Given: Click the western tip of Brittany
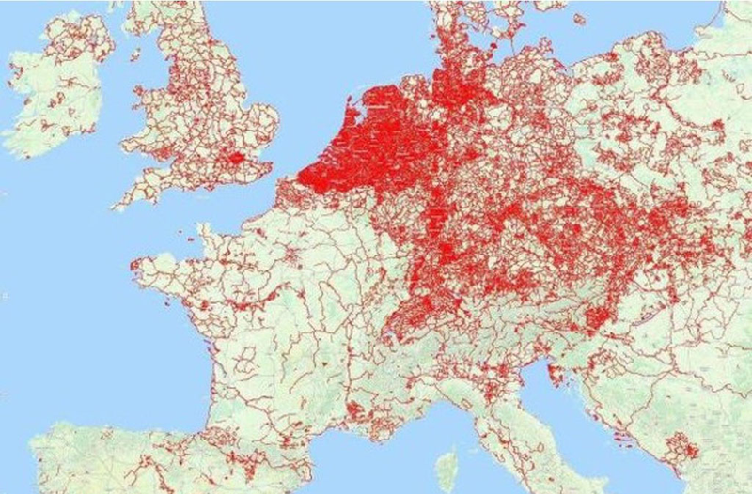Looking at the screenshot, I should pos(134,267).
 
